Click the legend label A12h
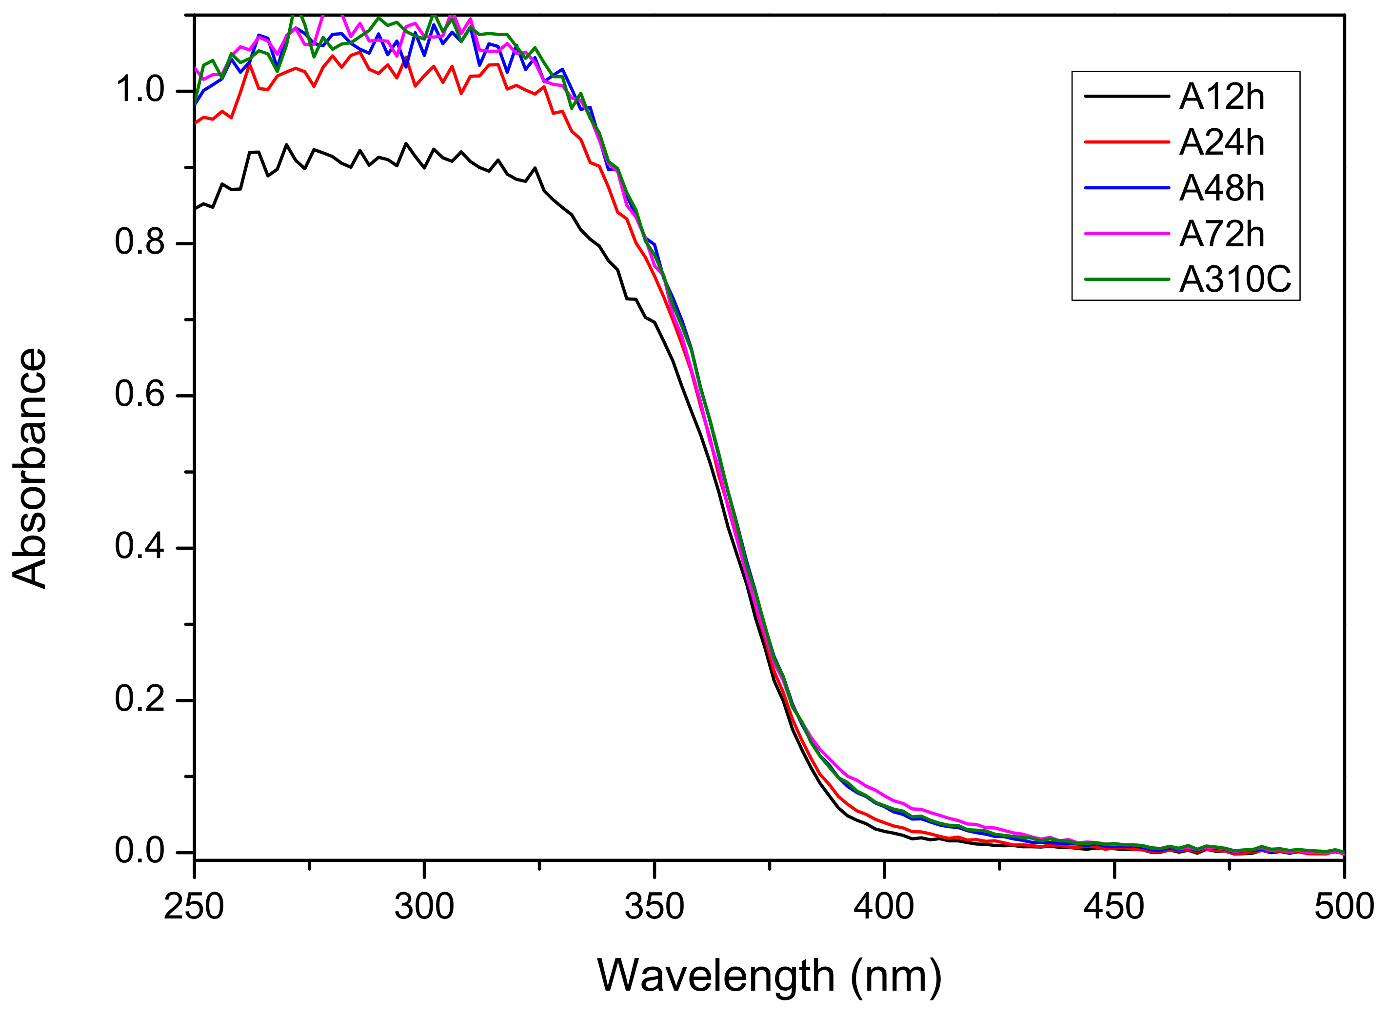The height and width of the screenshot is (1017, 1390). point(1221,97)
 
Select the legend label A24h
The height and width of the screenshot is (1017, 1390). point(1221,143)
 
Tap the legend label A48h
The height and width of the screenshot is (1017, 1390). point(1221,188)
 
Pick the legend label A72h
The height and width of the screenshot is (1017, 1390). point(1221,235)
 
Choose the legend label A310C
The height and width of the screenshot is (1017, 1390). point(1235,280)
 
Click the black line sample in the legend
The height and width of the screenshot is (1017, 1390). point(1127,97)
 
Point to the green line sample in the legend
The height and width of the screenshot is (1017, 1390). point(1127,279)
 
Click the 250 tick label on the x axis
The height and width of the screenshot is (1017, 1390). point(194,907)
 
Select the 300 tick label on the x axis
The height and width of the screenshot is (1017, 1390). point(424,907)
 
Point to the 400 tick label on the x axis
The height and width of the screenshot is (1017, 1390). point(884,907)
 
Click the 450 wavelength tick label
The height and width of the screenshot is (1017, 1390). point(1114,907)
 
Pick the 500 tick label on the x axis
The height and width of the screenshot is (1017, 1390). point(1344,907)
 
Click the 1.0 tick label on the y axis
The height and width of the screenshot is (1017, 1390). point(140,91)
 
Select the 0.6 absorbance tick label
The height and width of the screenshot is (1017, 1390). point(140,395)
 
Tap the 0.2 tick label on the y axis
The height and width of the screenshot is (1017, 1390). point(140,699)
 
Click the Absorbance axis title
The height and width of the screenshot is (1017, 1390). point(30,468)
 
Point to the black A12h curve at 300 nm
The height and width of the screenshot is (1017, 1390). point(425,167)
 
